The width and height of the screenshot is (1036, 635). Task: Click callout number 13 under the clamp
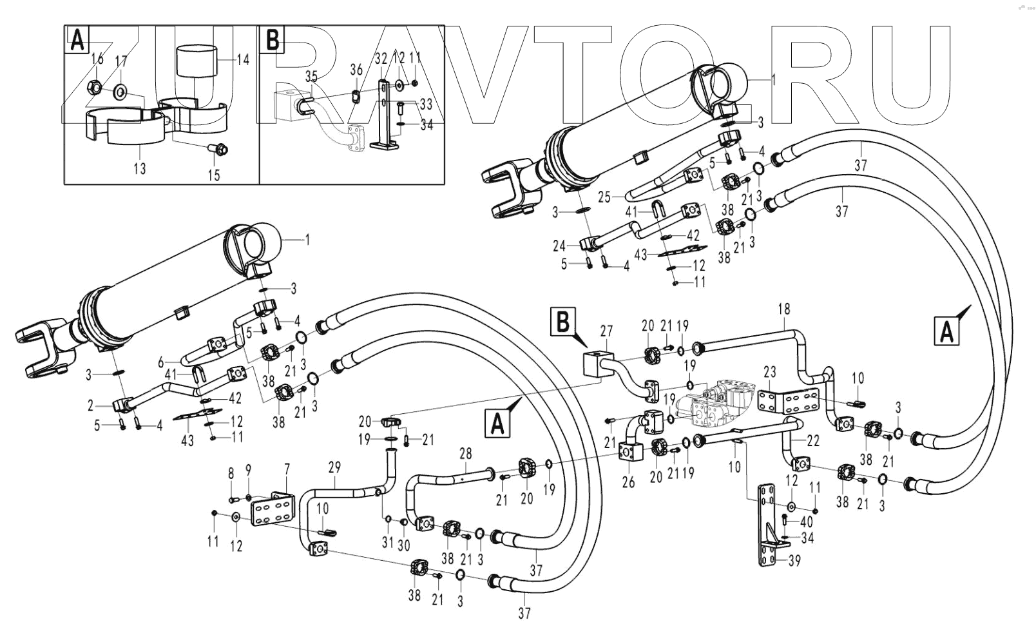(140, 169)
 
